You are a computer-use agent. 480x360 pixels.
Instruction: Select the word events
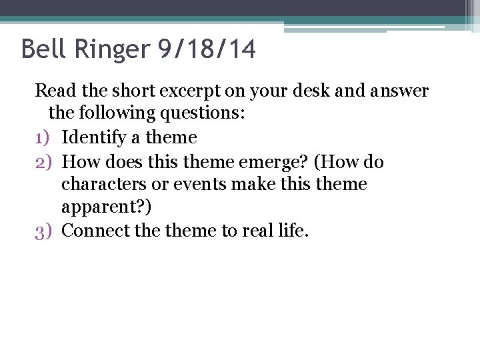point(200,184)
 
